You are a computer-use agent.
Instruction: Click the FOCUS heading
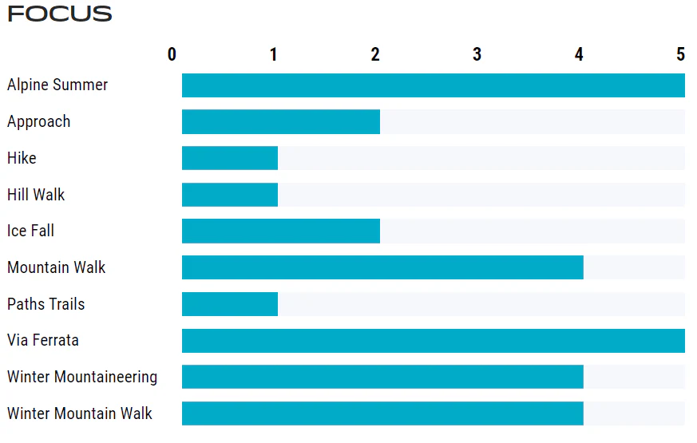(60, 14)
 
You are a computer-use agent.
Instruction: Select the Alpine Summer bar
(434, 85)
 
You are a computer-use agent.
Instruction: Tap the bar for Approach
(281, 122)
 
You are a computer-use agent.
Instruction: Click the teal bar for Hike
(230, 158)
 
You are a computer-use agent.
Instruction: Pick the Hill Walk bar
(230, 195)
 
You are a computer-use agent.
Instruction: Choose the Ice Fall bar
(281, 231)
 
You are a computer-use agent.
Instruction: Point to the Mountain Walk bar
(382, 267)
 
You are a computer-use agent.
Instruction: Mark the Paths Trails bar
(230, 304)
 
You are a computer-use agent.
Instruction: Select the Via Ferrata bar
(434, 341)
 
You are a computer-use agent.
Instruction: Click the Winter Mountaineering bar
(382, 377)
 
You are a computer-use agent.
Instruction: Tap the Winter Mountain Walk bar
(382, 413)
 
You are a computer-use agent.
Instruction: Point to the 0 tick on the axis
(172, 54)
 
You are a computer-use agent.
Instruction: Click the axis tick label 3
(477, 54)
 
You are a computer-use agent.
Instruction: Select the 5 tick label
(680, 54)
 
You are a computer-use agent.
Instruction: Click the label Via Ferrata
(43, 340)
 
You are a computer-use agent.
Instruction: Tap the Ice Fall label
(30, 231)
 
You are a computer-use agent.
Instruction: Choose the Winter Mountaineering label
(82, 377)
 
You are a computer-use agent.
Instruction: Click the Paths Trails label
(46, 304)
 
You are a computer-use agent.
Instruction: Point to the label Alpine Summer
(57, 85)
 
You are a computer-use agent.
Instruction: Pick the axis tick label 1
(273, 54)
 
